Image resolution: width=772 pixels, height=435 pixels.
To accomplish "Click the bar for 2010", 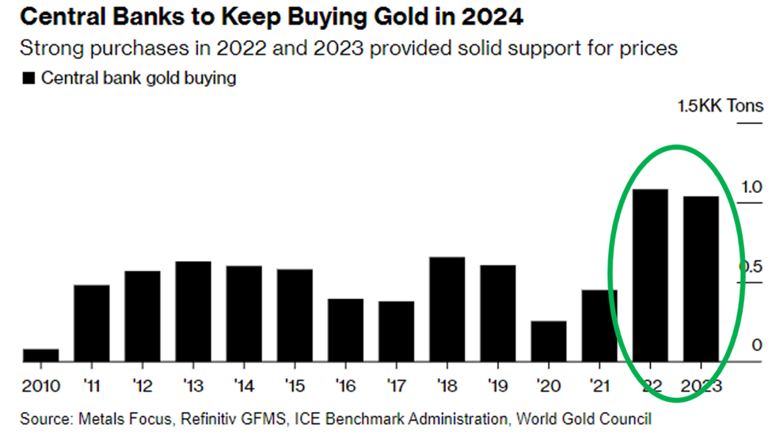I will pos(41,355).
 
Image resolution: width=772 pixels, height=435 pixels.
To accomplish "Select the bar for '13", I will pos(193,312).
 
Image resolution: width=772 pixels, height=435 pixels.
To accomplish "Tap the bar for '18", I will pos(447,309).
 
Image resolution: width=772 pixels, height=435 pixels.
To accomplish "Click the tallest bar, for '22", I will pos(650,275).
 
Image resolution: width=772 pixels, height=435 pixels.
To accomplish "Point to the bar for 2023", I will pos(701,279).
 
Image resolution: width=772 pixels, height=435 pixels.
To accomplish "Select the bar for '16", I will pos(345,331).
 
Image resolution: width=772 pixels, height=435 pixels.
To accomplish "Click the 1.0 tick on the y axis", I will pos(752,187).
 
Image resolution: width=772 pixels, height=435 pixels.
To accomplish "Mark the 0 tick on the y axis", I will pos(757,346).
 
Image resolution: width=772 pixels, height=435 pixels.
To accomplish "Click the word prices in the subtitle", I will pos(651,47).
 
